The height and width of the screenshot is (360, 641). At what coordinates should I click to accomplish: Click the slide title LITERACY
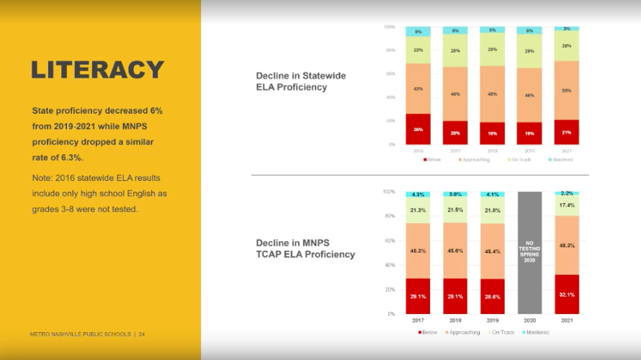tap(98, 70)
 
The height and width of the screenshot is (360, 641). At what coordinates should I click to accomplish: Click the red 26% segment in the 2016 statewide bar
tap(418, 129)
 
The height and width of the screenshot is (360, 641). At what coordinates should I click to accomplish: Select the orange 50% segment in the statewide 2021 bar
tap(566, 91)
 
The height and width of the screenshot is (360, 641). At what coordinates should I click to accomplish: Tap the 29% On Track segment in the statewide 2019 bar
tap(529, 52)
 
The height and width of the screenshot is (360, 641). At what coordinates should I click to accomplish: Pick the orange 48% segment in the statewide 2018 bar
tap(493, 94)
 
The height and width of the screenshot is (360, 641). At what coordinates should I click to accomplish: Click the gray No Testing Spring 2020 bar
tap(529, 253)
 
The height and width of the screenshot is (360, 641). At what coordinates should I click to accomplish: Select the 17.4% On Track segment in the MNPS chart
tap(566, 205)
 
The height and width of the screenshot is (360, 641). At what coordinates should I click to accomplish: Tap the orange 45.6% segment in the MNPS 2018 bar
tap(454, 251)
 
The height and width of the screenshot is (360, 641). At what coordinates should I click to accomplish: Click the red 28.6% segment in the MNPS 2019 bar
tap(492, 297)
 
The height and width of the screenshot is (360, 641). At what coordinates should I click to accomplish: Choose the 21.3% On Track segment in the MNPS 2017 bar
tap(418, 210)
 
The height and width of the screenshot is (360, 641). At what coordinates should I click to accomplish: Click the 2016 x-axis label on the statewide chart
tap(418, 150)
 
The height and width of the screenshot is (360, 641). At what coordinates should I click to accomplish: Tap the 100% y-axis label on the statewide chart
tap(389, 27)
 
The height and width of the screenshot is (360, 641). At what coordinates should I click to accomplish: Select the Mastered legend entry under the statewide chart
tap(560, 159)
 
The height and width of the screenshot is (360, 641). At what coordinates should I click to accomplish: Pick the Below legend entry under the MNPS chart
tap(429, 332)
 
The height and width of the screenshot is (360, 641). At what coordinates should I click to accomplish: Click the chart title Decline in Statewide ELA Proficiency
tap(301, 81)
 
